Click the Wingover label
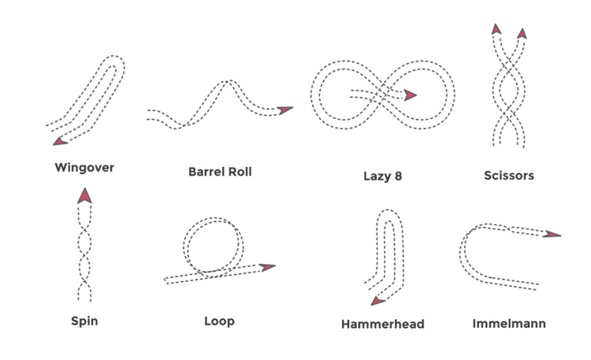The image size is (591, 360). [84, 168]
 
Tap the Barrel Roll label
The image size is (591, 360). [220, 171]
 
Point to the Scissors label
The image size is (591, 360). [508, 176]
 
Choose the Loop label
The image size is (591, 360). [219, 321]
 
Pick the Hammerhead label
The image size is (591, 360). [383, 324]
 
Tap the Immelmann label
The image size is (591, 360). [509, 323]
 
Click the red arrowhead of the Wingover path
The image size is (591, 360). [59, 140]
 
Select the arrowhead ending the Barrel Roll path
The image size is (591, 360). [284, 110]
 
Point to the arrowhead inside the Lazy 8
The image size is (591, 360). [410, 95]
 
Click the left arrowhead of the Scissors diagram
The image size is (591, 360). [496, 29]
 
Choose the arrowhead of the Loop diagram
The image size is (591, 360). [268, 268]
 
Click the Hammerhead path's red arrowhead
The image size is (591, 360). [377, 300]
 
